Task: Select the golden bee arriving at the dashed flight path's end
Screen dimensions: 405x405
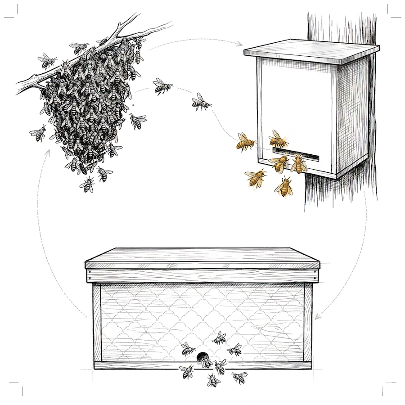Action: click(x=245, y=142)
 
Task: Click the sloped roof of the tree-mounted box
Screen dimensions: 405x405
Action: click(x=310, y=51)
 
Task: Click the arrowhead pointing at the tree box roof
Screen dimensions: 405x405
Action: click(x=241, y=44)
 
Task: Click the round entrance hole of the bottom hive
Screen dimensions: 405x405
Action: click(x=205, y=359)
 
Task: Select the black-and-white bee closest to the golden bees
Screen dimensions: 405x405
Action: click(x=201, y=103)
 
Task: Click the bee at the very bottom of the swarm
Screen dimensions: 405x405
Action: click(x=87, y=184)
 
